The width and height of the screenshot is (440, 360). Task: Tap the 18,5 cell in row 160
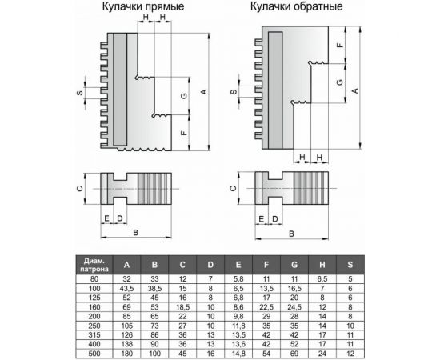point(183,306)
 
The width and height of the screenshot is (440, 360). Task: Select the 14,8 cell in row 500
point(239,352)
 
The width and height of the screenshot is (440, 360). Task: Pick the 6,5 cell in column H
point(322,278)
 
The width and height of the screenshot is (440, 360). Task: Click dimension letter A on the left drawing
point(204,92)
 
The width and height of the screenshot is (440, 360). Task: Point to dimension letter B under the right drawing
point(290,233)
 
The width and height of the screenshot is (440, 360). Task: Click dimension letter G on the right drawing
point(341,82)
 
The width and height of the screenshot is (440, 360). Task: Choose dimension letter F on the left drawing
point(183,131)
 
